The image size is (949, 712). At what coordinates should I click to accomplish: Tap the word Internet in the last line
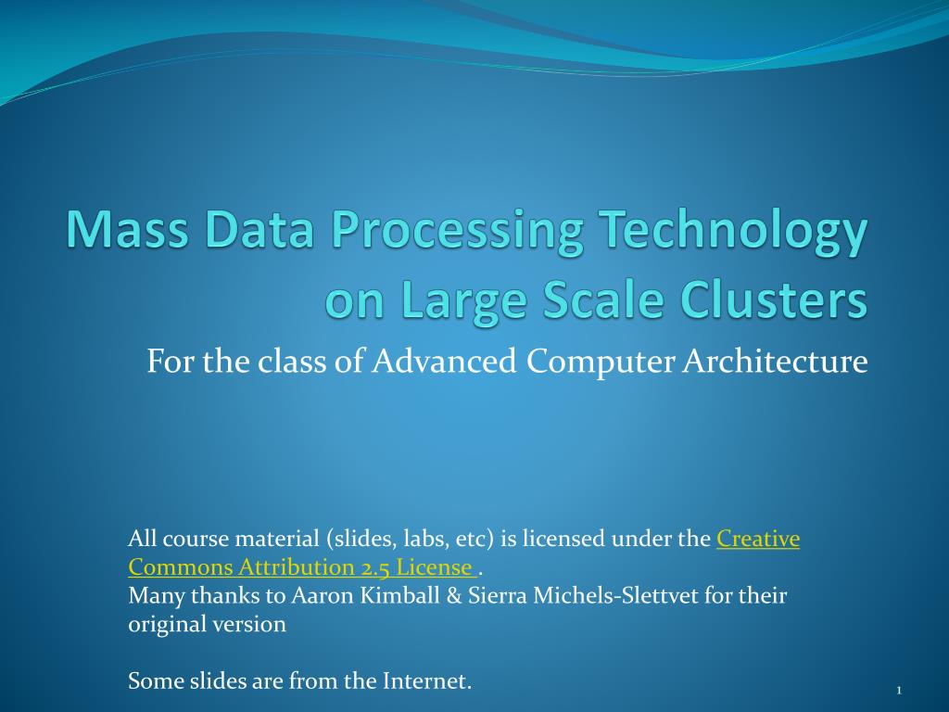[426, 681]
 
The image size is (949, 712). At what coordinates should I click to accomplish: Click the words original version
[207, 624]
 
